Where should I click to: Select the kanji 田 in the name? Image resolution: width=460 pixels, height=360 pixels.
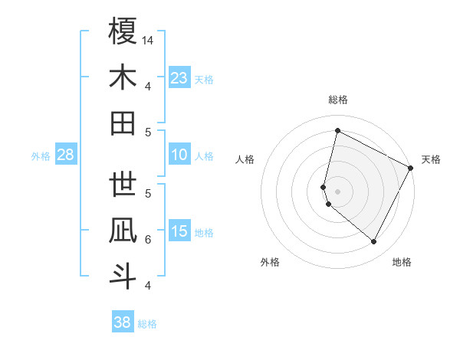pos(123,123)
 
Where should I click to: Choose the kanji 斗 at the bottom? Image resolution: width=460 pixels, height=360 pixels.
pos(123,276)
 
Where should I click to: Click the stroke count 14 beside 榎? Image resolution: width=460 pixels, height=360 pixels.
pos(149,40)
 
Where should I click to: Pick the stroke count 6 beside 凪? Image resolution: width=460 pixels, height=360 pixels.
pos(148,240)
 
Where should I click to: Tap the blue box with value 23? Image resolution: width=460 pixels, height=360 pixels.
pos(179,77)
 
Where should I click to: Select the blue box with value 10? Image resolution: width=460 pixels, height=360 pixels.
pos(179,155)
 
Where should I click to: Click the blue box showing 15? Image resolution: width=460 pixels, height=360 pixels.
pos(179,232)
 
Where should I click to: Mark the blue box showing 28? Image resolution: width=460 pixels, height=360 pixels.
pos(65,155)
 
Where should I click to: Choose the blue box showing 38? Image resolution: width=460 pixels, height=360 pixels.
pos(123,322)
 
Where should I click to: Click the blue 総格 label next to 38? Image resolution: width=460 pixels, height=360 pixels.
pos(147,324)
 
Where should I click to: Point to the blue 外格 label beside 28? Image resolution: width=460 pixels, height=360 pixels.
pos(41,156)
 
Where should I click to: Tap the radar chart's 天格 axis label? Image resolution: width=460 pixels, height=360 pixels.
pos(431,159)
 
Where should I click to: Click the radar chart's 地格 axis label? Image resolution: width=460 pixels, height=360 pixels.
pos(402,262)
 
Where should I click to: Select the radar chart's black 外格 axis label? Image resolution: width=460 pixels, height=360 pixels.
pos(270,262)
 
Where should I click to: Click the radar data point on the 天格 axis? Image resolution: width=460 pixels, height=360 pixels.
pos(412,168)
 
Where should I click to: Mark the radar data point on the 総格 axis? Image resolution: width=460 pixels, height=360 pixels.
pos(337,131)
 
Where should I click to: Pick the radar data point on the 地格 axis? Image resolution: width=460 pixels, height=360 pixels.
pos(374,242)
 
